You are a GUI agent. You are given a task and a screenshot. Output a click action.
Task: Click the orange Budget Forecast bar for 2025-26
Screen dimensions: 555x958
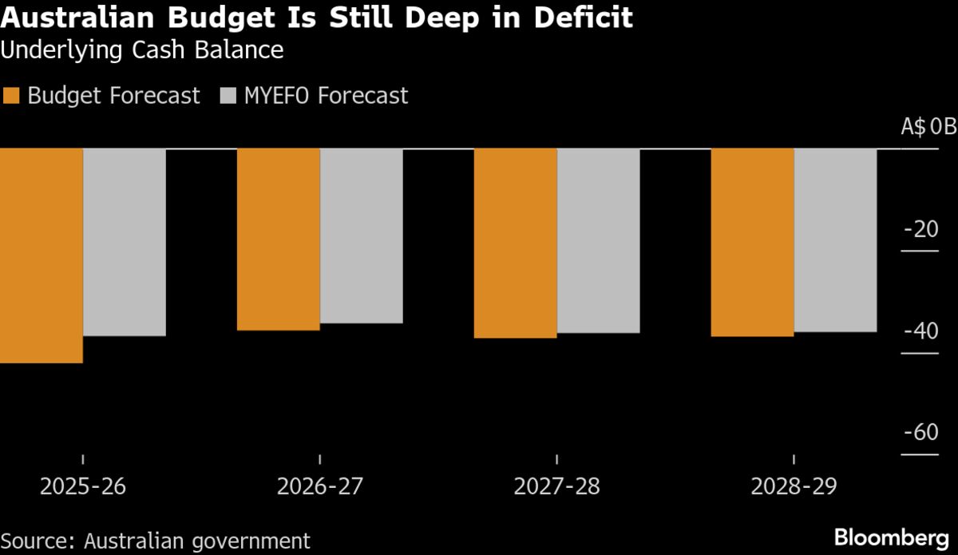(x=42, y=256)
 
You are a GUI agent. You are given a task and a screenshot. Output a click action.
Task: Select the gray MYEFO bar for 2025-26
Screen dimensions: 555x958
(x=125, y=242)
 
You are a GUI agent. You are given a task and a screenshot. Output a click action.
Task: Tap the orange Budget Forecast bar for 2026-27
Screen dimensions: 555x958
(x=279, y=239)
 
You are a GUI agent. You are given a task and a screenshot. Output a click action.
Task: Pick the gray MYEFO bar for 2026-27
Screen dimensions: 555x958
(x=362, y=236)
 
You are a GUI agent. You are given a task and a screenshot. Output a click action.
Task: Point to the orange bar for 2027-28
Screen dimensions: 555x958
(x=516, y=243)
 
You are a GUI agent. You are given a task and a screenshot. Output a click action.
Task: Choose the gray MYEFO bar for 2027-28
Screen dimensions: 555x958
(x=599, y=240)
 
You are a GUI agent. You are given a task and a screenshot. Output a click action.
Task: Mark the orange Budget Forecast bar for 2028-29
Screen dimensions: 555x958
(x=753, y=242)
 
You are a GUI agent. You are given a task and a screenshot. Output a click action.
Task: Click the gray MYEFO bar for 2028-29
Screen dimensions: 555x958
(x=836, y=240)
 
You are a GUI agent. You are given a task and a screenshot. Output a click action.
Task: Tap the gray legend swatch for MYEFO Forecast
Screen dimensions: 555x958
(x=228, y=96)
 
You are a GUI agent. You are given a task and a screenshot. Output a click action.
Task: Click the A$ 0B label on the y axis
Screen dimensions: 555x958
(x=928, y=127)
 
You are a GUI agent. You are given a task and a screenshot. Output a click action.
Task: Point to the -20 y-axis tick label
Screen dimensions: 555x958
(x=921, y=229)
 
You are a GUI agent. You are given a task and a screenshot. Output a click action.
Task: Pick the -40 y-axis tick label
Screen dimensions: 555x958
(x=921, y=331)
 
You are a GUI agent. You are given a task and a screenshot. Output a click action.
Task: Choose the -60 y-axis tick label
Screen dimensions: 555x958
(x=921, y=433)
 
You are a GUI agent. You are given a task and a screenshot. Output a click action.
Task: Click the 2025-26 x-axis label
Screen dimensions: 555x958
(x=81, y=486)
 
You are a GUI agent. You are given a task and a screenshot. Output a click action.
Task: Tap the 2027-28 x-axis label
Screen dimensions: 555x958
(x=556, y=486)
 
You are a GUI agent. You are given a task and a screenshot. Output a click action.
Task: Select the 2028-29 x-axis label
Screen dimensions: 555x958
(x=793, y=486)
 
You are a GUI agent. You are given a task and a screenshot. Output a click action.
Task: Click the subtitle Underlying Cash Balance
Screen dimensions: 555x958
(x=142, y=50)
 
